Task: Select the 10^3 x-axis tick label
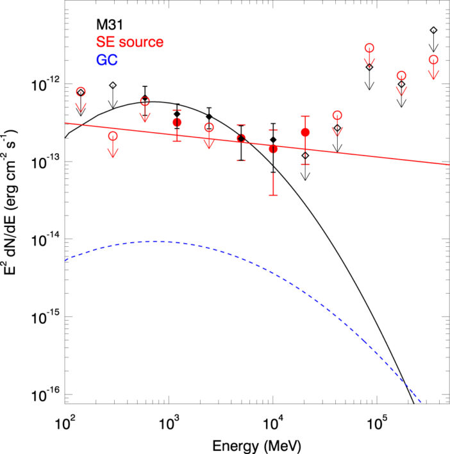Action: pos(169,424)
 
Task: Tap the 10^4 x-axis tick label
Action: pos(273,424)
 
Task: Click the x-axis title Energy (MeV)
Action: pos(258,443)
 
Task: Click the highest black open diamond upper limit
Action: pos(433,30)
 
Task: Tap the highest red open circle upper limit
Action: pos(369,48)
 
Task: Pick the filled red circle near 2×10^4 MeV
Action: pos(305,132)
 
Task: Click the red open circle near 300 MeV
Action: pos(113,136)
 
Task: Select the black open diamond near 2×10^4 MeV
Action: pos(305,155)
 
